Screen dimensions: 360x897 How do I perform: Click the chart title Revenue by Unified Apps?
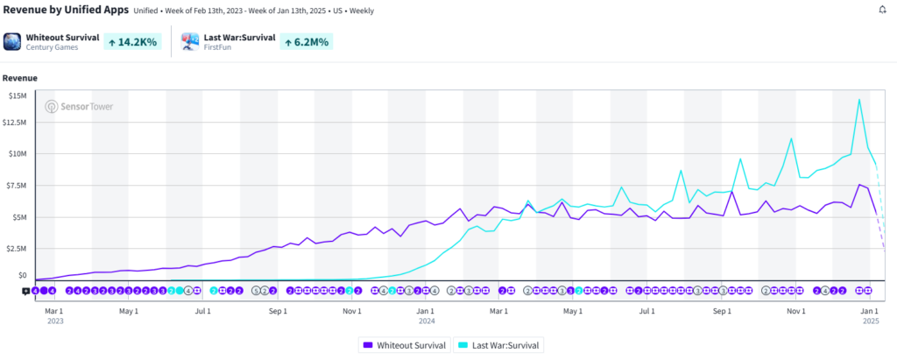65,10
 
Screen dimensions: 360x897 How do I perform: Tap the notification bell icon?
882,10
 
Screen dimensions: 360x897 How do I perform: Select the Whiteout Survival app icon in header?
12,41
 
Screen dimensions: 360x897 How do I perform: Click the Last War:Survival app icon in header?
190,41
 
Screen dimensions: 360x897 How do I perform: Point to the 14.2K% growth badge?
131,41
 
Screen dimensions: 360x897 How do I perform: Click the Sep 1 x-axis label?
278,311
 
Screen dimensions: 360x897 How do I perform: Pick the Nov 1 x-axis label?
352,311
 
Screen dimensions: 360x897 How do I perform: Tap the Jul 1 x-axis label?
202,311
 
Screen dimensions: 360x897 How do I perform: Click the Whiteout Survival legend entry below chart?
404,345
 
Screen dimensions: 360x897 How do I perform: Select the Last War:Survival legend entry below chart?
501,345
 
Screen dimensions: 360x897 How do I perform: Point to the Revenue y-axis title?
19,77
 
